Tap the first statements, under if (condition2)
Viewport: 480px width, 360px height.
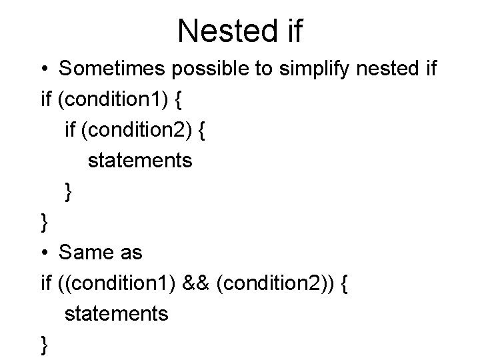[140, 161]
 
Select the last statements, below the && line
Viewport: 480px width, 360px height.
[117, 313]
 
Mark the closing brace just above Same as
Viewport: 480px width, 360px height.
[45, 223]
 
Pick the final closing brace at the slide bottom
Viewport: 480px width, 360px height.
[45, 344]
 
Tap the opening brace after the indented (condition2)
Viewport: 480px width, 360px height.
[203, 130]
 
